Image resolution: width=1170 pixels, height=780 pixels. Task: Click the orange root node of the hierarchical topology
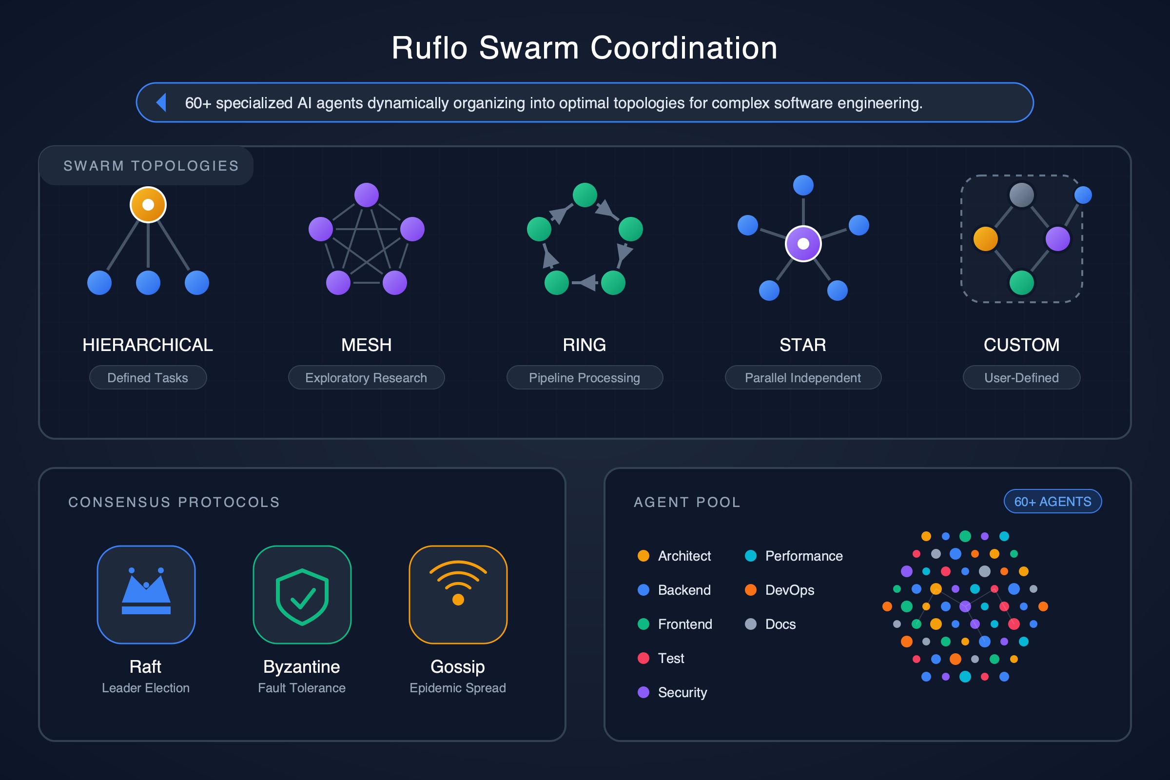(148, 204)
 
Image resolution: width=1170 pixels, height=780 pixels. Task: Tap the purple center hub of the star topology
(803, 243)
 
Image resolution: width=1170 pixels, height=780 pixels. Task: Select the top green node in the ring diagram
(585, 195)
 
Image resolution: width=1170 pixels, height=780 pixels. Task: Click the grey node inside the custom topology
(1021, 195)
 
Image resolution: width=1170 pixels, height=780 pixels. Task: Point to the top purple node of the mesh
(366, 195)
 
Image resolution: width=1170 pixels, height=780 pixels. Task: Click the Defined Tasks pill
(148, 377)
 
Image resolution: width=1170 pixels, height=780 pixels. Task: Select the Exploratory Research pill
(366, 377)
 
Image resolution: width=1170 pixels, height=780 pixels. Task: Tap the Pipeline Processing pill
(585, 377)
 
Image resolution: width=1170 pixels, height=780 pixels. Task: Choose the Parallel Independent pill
(803, 377)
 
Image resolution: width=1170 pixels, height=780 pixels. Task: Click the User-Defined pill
(1021, 377)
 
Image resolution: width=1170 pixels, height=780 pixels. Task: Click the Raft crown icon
(146, 594)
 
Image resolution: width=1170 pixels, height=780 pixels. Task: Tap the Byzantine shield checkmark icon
(302, 596)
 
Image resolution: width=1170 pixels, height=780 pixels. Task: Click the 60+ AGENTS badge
(1053, 502)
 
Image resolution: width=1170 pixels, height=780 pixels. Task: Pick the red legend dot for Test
(643, 658)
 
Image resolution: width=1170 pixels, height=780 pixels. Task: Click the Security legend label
(682, 692)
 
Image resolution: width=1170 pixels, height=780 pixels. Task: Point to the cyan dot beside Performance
(750, 556)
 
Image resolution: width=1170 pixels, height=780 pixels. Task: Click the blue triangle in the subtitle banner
(161, 102)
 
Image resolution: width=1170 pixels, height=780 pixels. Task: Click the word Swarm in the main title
(529, 48)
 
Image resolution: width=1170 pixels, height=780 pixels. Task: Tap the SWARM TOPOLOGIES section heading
(151, 166)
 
